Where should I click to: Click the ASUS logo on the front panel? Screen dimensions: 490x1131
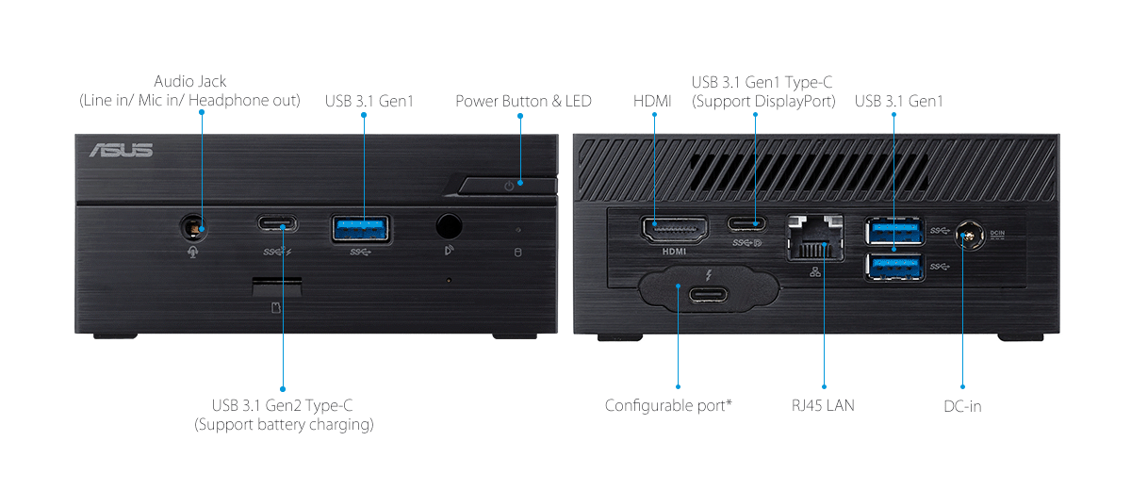click(121, 151)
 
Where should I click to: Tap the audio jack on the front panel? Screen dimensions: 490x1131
click(193, 226)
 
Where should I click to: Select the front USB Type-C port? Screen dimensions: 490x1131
click(276, 225)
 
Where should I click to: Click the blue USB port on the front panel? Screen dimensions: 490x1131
click(362, 227)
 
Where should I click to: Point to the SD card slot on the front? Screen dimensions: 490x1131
click(277, 282)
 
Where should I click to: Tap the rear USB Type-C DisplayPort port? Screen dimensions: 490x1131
click(754, 225)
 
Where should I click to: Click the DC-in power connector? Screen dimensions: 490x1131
click(963, 235)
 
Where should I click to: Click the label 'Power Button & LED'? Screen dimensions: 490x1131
click(523, 101)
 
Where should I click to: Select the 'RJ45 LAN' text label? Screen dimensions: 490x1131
click(823, 406)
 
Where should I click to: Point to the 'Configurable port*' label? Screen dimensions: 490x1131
click(668, 406)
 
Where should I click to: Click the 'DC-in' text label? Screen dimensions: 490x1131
click(962, 406)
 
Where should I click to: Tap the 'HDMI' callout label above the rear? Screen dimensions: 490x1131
click(652, 101)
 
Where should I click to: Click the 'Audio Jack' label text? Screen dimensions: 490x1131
click(190, 82)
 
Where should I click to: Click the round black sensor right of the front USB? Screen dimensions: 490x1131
click(449, 226)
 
